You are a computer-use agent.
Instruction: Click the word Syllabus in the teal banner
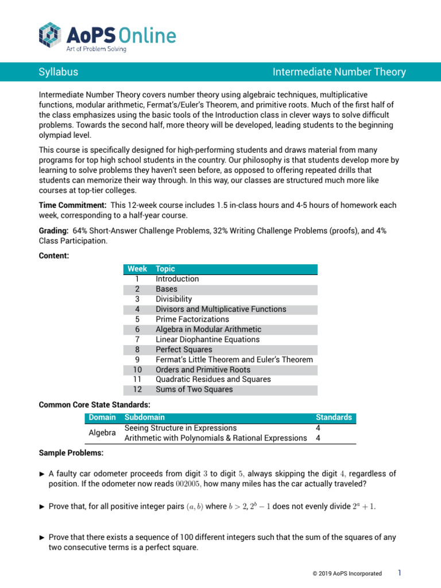pos(58,72)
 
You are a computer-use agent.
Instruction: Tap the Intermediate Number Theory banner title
pos(339,72)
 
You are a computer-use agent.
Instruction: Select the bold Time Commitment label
pos(72,205)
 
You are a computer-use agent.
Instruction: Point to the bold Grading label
pos(53,230)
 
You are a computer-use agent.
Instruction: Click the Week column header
pos(137,269)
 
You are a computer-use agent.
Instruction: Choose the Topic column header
pos(165,269)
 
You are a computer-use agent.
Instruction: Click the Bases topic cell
pos(167,289)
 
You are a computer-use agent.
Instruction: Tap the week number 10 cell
pos(137,369)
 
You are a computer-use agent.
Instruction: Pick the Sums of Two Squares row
pos(194,389)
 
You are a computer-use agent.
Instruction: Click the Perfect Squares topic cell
pos(184,349)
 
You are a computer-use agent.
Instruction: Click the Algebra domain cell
pos(102,433)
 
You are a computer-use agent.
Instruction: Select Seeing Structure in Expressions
pos(180,428)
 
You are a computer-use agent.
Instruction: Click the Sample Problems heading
pos(71,453)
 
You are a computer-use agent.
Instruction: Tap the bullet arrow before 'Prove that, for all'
pos(41,505)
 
